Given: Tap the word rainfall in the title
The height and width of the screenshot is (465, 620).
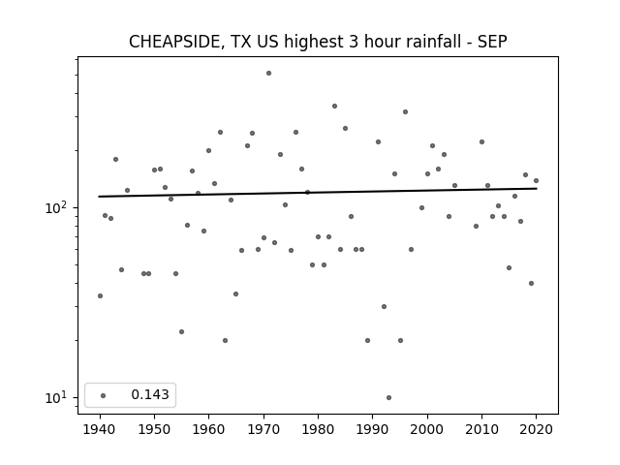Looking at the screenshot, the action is point(437,42).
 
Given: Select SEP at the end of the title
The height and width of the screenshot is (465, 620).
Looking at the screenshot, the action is point(492,42).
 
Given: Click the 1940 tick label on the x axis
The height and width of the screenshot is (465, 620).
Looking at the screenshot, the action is point(100,429).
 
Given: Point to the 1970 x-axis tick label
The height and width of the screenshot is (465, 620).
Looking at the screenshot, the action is point(263,429).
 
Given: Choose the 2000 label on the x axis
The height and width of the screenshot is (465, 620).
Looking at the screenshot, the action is point(427,429).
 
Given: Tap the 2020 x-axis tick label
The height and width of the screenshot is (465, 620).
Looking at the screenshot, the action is point(536,429).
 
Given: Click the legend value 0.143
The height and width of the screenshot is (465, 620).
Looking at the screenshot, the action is point(150,394).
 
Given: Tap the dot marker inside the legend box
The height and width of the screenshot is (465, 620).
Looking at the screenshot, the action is point(104,395).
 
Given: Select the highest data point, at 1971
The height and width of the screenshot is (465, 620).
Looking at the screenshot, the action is point(269,74).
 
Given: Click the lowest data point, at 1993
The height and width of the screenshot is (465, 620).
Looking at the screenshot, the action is point(389,397).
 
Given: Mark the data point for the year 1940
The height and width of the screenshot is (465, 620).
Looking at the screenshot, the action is point(100,295).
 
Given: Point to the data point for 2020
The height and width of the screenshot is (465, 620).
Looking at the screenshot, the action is point(536,181).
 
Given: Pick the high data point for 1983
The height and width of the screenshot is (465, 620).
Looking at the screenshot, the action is point(334,106).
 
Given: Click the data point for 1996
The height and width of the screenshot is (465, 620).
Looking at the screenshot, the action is point(405,112).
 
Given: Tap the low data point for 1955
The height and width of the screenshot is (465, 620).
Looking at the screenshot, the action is point(181,331).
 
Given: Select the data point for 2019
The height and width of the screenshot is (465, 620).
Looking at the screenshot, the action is point(531,283).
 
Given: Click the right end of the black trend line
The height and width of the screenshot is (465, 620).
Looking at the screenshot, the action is point(537,189).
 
